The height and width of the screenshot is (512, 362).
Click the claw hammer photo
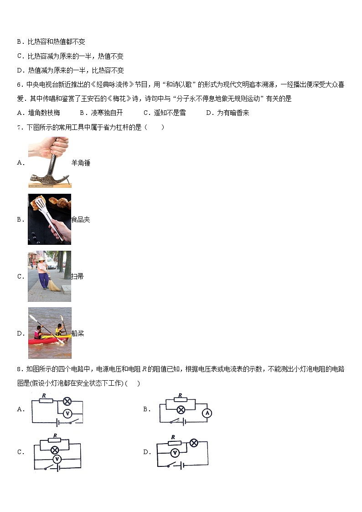49,162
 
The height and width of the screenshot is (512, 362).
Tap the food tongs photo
49,219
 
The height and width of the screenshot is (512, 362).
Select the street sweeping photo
49,276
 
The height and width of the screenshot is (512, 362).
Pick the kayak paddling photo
50,333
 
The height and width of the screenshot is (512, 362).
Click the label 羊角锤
81,163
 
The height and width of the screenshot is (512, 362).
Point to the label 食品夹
81,219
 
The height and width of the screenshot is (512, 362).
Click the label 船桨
78,333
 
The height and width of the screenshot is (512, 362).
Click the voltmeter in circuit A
67,413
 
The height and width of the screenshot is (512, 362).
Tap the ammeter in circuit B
207,413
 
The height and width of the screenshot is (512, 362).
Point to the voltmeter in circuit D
174,453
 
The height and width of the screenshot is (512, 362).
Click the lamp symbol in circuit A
67,401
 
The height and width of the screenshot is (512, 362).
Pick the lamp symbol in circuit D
194,442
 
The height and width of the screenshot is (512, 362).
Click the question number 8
19,369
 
